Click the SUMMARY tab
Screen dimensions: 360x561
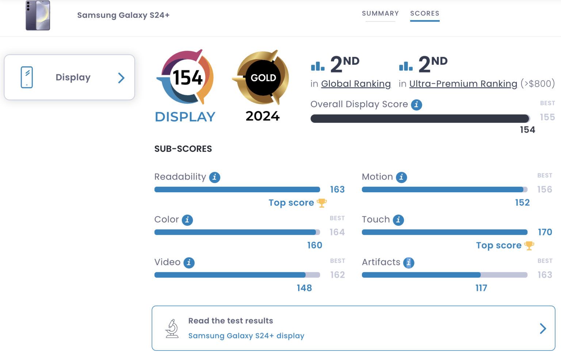[x=380, y=14]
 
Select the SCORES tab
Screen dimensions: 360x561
[x=424, y=14]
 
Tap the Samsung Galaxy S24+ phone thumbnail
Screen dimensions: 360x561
[x=38, y=15]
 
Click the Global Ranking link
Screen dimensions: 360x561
[x=356, y=84]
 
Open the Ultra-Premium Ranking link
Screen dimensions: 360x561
[x=463, y=84]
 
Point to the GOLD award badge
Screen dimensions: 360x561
[x=263, y=77]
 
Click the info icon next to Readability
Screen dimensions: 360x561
[x=215, y=177]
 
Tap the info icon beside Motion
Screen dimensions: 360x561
[x=401, y=177]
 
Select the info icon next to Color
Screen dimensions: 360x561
[x=187, y=220]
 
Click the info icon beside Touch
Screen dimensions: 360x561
[x=398, y=220]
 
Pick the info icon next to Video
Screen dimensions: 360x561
[x=189, y=263]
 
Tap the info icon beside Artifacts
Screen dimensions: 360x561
[x=409, y=263]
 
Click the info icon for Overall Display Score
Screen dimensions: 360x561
[x=416, y=105]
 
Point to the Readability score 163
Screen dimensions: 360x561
[x=337, y=189]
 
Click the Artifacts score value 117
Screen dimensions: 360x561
[x=481, y=288]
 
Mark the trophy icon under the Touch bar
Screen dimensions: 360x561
[x=529, y=246]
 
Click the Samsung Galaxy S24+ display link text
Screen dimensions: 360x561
[x=246, y=336]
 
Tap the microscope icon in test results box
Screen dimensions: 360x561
[x=172, y=328]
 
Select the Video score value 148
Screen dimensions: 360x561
[x=304, y=288]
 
